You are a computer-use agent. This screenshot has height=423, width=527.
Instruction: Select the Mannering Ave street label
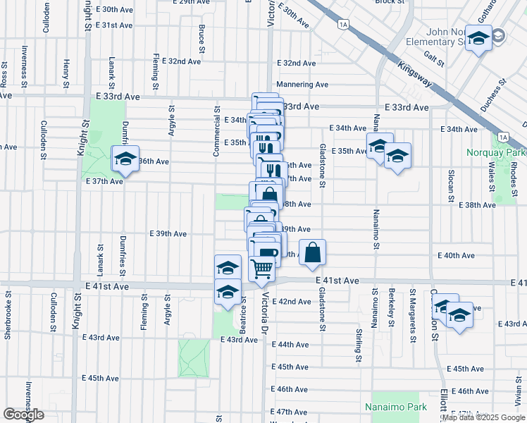(303, 85)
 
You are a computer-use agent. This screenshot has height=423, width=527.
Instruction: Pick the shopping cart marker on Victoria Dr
(262, 268)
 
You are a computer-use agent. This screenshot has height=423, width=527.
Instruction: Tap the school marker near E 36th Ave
(125, 159)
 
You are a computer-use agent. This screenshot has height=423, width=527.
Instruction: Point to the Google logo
(23, 415)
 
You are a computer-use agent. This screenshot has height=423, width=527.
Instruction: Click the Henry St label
(66, 69)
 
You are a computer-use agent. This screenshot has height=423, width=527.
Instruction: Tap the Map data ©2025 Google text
(483, 418)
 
